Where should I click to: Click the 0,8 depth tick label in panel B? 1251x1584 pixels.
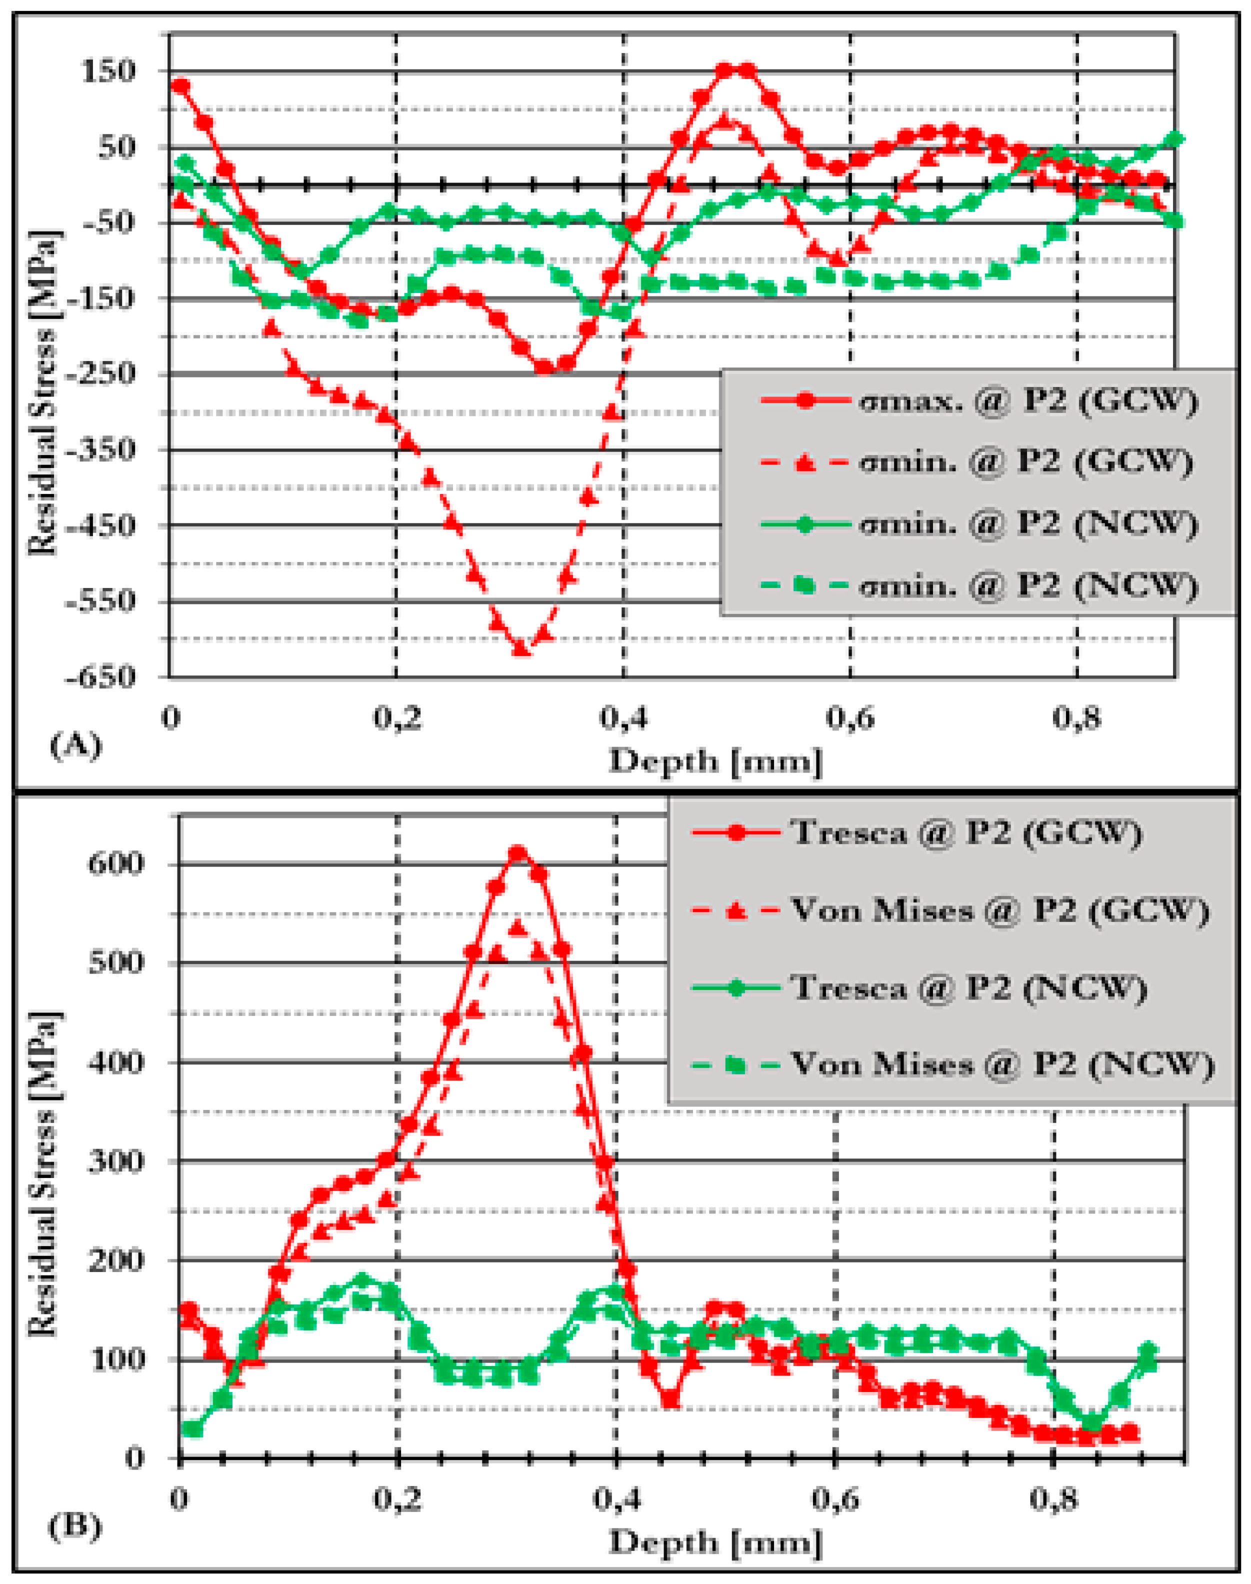click(x=1052, y=1499)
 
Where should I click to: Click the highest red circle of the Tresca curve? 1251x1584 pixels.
click(x=518, y=853)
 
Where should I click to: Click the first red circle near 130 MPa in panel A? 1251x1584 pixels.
click(x=180, y=85)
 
